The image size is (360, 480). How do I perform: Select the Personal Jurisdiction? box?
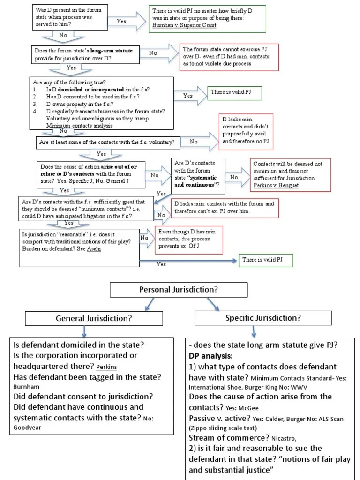pyautogui.click(x=178, y=290)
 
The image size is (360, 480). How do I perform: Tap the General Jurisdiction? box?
pyautogui.click(x=93, y=318)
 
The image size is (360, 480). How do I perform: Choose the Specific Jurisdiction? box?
pyautogui.click(x=263, y=318)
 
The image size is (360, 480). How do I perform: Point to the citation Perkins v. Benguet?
pyautogui.click(x=276, y=186)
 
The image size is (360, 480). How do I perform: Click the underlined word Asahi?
pyautogui.click(x=94, y=249)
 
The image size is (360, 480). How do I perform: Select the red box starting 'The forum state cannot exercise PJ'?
pyautogui.click(x=229, y=56)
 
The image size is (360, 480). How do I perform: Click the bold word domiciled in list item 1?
pyautogui.click(x=73, y=89)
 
